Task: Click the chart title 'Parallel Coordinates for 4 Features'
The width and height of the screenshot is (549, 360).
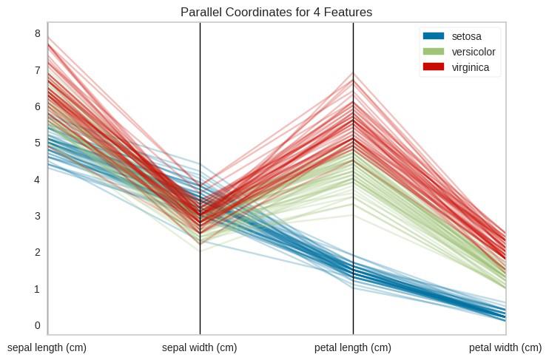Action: tap(276, 12)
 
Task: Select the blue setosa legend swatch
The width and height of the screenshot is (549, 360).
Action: tap(433, 36)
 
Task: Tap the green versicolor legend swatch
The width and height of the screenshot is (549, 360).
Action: tap(433, 52)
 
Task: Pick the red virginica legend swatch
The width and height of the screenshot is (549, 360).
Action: tap(433, 67)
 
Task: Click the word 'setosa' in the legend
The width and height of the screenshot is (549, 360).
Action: tap(466, 36)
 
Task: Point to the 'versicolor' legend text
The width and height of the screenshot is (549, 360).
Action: tap(474, 52)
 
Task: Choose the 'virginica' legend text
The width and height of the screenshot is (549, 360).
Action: tap(471, 67)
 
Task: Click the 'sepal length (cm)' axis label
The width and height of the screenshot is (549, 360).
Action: tap(47, 347)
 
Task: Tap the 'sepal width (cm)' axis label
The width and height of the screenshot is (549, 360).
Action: tap(200, 347)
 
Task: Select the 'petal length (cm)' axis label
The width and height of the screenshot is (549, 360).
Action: tap(353, 347)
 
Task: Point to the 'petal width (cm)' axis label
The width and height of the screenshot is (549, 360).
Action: tap(505, 347)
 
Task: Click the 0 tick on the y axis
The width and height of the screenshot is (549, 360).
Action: tap(36, 325)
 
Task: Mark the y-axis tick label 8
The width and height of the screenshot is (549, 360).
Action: tap(36, 33)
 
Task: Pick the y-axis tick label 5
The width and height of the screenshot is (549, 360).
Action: tap(36, 143)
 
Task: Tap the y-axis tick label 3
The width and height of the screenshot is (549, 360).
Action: tap(36, 216)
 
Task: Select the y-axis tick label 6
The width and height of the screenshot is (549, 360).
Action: tap(36, 106)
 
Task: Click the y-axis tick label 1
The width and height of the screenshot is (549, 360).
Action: tap(36, 289)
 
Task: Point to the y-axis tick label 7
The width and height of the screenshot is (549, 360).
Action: tap(36, 70)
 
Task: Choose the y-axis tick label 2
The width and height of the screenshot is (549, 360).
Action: tap(36, 252)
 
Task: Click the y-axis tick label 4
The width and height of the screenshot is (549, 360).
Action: tap(36, 180)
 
